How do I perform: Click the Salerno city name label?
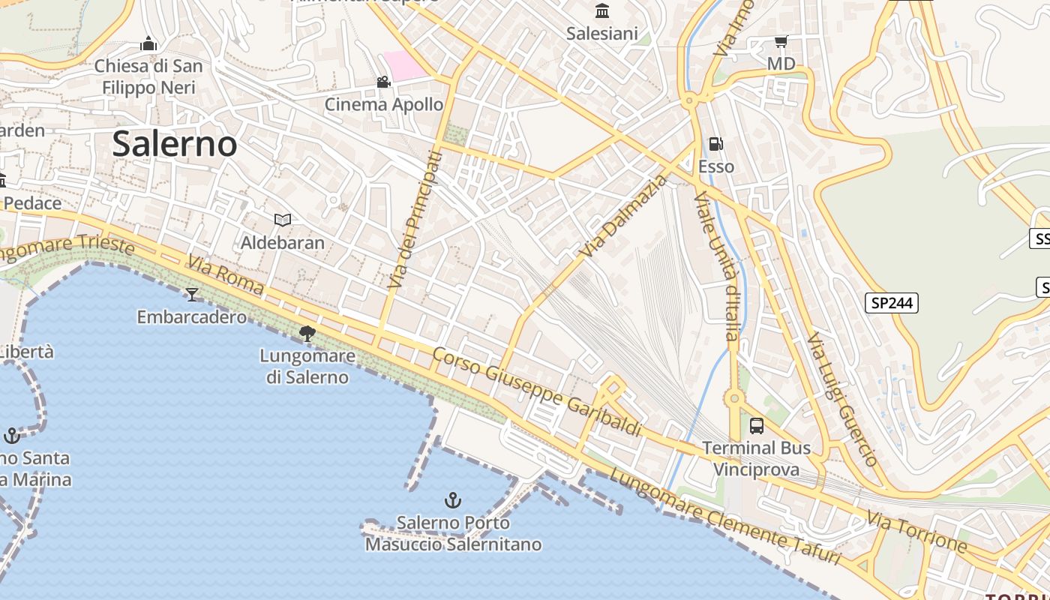click(174, 143)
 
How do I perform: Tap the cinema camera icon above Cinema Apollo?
click(383, 82)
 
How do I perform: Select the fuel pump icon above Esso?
click(715, 144)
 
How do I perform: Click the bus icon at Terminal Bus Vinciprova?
click(756, 426)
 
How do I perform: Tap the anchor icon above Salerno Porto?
click(452, 499)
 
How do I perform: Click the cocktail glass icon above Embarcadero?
click(192, 295)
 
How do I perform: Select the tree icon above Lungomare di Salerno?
click(307, 334)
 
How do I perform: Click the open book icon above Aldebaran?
click(282, 220)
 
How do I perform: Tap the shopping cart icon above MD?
click(781, 42)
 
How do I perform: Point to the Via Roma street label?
click(226, 274)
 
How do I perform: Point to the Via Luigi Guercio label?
click(842, 399)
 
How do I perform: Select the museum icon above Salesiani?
click(601, 10)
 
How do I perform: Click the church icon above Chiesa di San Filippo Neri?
click(148, 43)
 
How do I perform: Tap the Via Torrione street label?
click(916, 531)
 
